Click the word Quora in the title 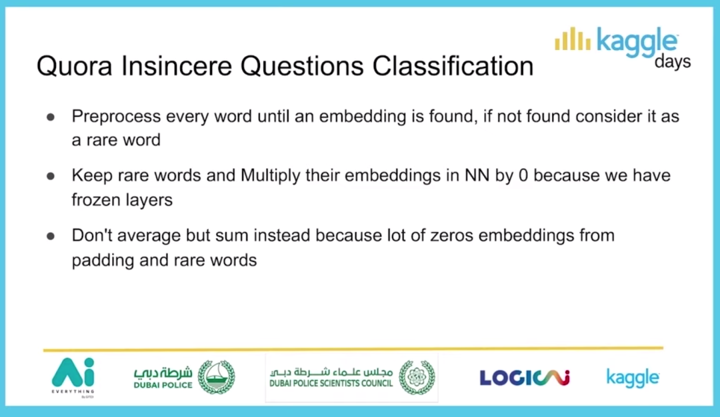75,66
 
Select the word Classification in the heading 453,66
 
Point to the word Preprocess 116,116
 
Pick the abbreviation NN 477,175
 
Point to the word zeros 451,236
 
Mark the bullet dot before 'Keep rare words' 51,176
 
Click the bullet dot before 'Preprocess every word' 51,117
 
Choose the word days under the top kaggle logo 673,61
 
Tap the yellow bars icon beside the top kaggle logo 573,39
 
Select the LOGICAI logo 525,378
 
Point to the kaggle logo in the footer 633,378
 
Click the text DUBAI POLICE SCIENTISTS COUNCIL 331,384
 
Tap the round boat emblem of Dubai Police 216,377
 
